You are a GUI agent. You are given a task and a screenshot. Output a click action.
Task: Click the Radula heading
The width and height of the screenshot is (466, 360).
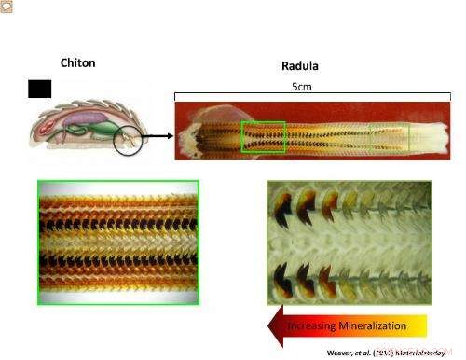pyautogui.click(x=299, y=66)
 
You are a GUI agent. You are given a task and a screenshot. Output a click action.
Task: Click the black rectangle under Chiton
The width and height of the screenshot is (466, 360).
pyautogui.click(x=40, y=89)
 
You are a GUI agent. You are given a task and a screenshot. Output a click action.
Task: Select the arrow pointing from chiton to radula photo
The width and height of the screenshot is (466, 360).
pyautogui.click(x=158, y=136)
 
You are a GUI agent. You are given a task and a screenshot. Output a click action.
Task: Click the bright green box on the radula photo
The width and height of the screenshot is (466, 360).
pyautogui.click(x=263, y=136)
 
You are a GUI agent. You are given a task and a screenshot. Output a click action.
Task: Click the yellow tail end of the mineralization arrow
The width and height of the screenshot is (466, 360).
pyautogui.click(x=419, y=325)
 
